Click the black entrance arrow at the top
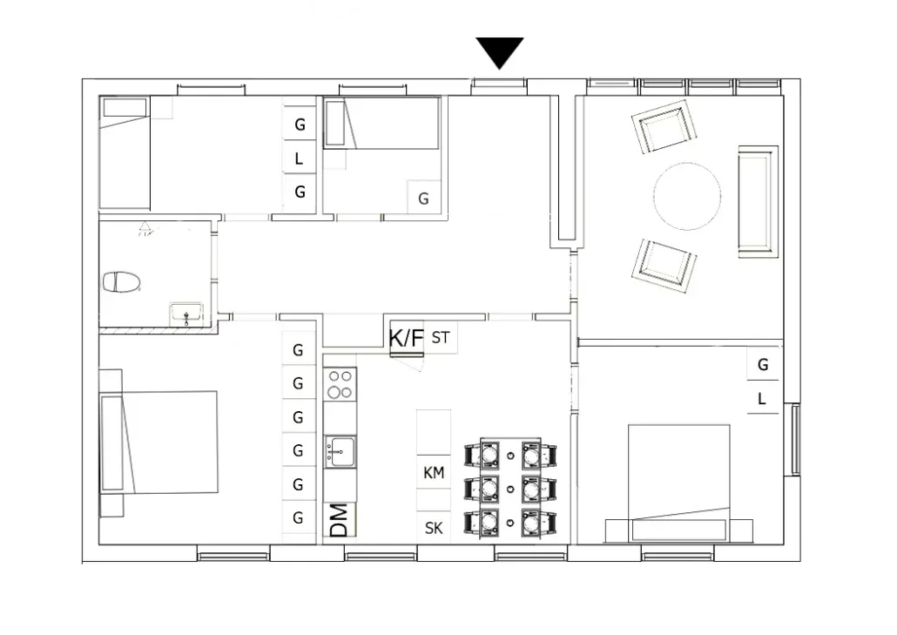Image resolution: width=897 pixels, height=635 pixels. click(500, 51)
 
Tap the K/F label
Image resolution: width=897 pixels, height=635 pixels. click(406, 338)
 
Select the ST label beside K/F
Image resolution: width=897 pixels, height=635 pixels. click(441, 338)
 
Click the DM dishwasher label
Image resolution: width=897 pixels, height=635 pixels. click(340, 520)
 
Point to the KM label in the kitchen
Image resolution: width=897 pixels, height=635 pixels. click(434, 473)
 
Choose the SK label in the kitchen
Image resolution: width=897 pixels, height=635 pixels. click(434, 528)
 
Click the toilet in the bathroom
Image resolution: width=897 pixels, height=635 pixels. click(121, 282)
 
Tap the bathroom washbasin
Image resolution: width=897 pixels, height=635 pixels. click(185, 313)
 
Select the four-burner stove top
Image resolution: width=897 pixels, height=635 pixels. click(340, 384)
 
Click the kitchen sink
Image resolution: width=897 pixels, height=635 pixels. click(341, 450)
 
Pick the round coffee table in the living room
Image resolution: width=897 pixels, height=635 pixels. click(687, 197)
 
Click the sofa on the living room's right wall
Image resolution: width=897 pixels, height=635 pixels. click(757, 201)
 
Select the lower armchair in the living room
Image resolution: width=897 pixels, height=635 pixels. click(664, 265)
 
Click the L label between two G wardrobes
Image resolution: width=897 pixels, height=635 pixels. click(299, 159)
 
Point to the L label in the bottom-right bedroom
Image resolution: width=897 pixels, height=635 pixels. click(762, 400)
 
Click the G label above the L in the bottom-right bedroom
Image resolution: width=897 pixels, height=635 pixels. click(763, 365)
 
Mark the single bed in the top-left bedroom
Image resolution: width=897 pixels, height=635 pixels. click(125, 153)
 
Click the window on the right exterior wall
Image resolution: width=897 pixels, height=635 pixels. click(795, 439)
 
